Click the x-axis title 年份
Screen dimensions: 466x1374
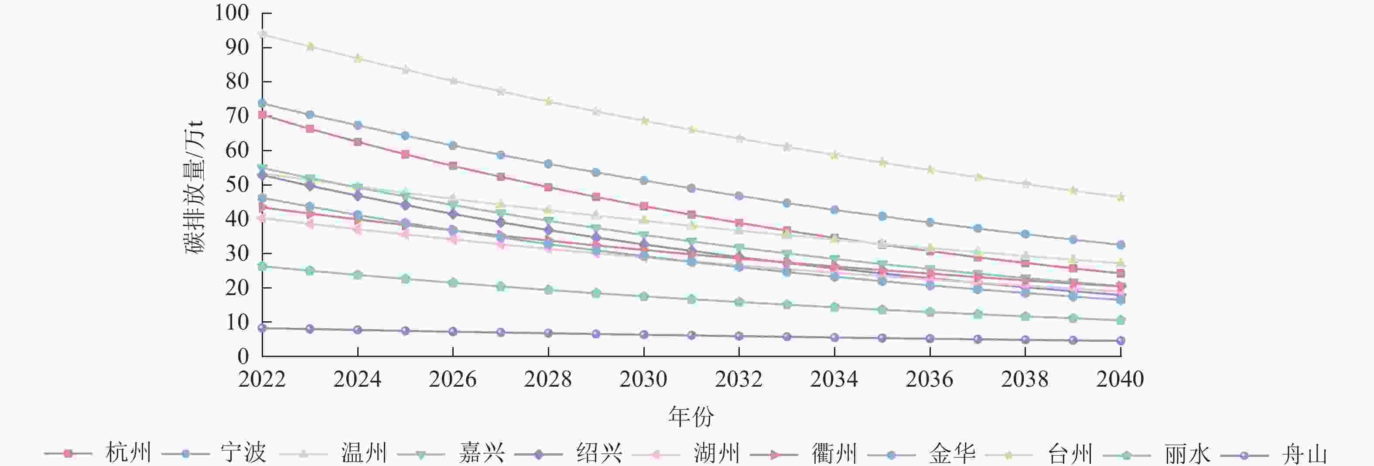click(x=691, y=416)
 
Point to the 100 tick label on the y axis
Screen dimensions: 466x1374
click(x=232, y=13)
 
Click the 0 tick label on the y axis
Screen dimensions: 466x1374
click(x=243, y=356)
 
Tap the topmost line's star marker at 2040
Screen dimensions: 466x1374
click(x=1121, y=197)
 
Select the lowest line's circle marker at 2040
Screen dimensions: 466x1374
click(x=1121, y=341)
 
